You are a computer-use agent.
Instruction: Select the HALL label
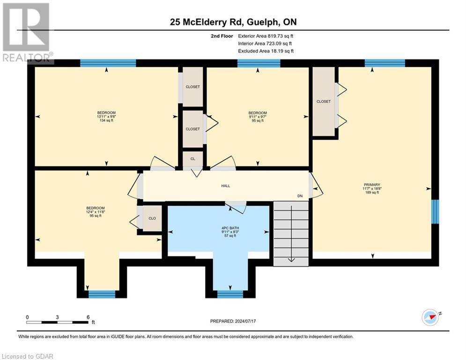click(226, 186)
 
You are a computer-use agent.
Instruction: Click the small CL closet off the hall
click(192, 159)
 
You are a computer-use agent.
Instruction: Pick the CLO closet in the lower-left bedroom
click(152, 218)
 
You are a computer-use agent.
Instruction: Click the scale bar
click(58, 322)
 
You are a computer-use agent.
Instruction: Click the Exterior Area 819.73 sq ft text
click(266, 36)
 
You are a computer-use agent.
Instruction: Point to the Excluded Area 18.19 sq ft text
click(266, 51)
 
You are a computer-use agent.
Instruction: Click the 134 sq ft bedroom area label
click(106, 120)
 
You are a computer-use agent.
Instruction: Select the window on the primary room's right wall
click(435, 211)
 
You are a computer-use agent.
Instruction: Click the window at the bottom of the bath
click(230, 294)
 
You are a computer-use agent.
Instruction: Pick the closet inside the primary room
click(324, 102)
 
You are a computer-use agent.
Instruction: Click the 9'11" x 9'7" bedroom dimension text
click(257, 117)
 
